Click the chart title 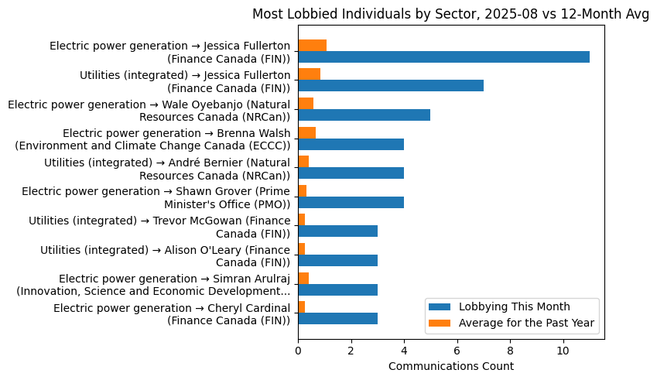(x=450, y=15)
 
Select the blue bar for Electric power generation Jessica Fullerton (x=443, y=56)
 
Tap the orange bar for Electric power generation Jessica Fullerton (x=312, y=45)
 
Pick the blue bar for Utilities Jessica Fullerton (x=391, y=86)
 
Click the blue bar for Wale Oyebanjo (x=364, y=115)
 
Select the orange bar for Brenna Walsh (x=306, y=132)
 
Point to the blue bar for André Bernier (x=351, y=173)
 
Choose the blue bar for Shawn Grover (x=351, y=203)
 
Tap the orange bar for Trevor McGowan (x=301, y=220)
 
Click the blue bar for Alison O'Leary (x=337, y=261)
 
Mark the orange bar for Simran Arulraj (x=303, y=278)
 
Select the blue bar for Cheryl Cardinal (x=337, y=319)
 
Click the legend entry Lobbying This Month (x=514, y=306)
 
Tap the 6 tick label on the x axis (x=457, y=350)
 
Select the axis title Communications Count (x=450, y=366)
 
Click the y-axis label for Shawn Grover (x=156, y=197)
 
